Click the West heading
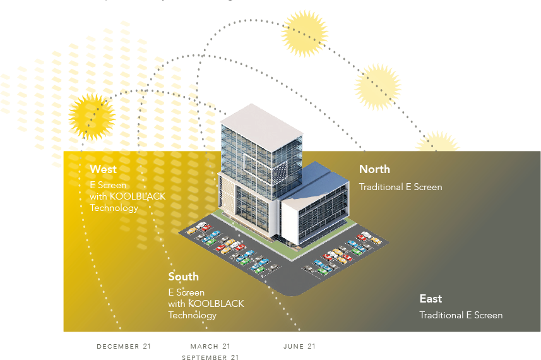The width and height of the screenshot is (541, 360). point(103,169)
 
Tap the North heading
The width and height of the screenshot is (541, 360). point(374,169)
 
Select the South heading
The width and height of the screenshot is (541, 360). point(183,277)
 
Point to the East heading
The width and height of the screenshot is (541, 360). point(431,299)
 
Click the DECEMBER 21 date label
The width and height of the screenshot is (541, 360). point(124,346)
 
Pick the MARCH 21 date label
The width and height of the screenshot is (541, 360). point(210,346)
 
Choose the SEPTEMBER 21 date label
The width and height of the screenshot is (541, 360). point(210,357)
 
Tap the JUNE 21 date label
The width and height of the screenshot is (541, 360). point(299,346)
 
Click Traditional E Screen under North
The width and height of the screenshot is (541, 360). point(400,187)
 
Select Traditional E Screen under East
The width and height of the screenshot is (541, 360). point(461,315)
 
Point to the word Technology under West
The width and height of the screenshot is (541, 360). point(114,208)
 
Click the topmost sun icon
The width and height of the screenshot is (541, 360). point(305,32)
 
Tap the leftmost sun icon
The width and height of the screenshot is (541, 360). point(92,116)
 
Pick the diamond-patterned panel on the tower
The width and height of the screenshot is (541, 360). point(278,170)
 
